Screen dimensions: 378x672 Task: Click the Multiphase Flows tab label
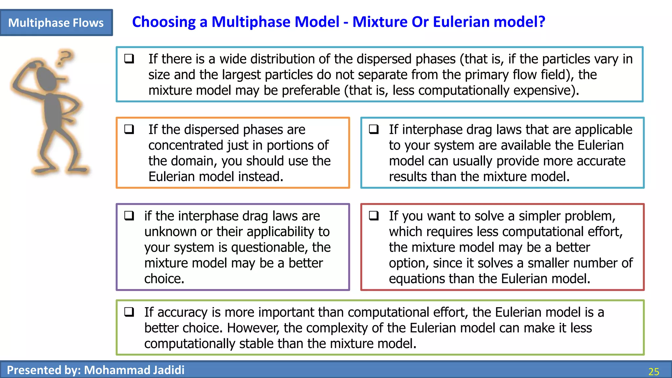pos(56,23)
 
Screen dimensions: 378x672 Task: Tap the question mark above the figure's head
pos(65,57)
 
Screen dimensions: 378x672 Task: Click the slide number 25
pos(654,371)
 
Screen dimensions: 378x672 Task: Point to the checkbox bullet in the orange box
pos(129,129)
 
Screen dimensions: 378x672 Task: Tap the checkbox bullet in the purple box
pos(129,216)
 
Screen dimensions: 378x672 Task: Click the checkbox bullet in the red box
pos(374,216)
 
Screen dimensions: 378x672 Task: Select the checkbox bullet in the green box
pos(129,312)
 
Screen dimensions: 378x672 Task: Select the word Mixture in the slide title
pos(380,22)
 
